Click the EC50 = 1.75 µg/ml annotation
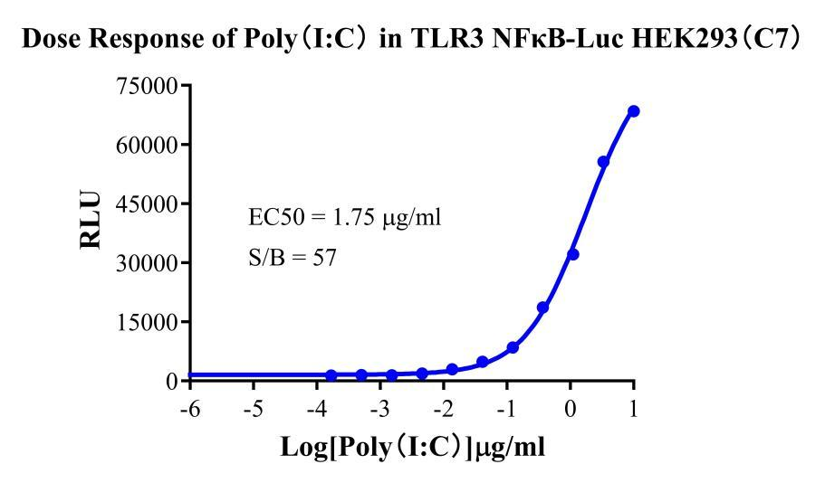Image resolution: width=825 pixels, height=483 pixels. pyautogui.click(x=345, y=218)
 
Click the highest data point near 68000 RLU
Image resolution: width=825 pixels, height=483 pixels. pyautogui.click(x=633, y=111)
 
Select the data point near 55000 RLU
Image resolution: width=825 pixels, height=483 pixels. pyautogui.click(x=603, y=162)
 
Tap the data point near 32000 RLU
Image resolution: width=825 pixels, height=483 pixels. pyautogui.click(x=572, y=254)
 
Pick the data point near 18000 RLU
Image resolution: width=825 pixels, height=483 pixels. pyautogui.click(x=542, y=308)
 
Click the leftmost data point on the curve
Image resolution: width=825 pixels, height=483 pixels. pyautogui.click(x=331, y=375)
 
